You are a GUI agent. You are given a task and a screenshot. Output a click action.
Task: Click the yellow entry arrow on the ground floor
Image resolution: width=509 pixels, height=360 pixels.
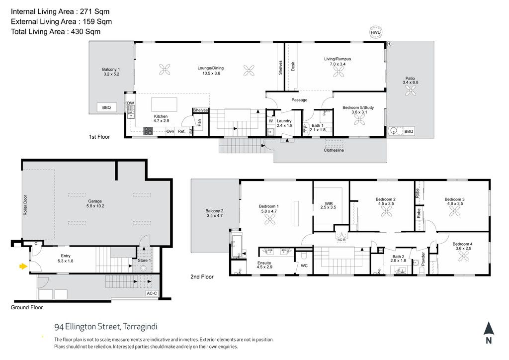pyautogui.click(x=23, y=267)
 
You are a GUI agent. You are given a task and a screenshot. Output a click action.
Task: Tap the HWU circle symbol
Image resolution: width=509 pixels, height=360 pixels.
pyautogui.click(x=376, y=32)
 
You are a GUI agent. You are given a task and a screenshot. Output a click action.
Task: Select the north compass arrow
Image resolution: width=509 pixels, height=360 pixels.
pyautogui.click(x=489, y=329)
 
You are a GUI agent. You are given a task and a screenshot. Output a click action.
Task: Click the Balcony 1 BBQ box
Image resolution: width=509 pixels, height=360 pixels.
pyautogui.click(x=106, y=107)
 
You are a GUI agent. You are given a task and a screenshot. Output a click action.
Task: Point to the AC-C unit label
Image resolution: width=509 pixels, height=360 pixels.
pyautogui.click(x=152, y=293)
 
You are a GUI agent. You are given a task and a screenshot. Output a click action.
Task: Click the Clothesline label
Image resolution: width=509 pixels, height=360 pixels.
pyautogui.click(x=334, y=150)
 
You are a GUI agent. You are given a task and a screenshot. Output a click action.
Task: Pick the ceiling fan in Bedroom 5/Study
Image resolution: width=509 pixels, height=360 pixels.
pyautogui.click(x=359, y=120)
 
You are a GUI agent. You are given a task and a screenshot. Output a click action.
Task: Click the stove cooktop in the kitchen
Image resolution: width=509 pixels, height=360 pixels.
pyautogui.click(x=148, y=131)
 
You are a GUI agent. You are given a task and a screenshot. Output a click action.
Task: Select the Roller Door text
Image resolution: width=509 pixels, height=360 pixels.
pyautogui.click(x=25, y=205)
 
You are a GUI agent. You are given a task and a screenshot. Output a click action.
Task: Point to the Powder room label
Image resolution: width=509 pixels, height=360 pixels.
pyautogui.click(x=423, y=259)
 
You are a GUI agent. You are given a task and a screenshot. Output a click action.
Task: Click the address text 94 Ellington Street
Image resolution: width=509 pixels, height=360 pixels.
pyautogui.click(x=87, y=327)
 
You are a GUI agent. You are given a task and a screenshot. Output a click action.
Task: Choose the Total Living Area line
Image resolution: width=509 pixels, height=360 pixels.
pyautogui.click(x=56, y=31)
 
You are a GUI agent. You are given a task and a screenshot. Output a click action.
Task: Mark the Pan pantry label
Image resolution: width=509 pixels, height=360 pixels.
pyautogui.click(x=199, y=122)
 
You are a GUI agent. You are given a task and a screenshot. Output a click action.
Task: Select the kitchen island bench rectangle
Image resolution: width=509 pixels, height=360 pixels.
pyautogui.click(x=164, y=104)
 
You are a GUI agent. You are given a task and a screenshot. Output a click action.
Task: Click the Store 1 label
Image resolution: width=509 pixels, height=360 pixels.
pyautogui.click(x=144, y=261)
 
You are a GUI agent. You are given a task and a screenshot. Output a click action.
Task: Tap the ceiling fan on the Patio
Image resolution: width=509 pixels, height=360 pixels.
pyautogui.click(x=410, y=90)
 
